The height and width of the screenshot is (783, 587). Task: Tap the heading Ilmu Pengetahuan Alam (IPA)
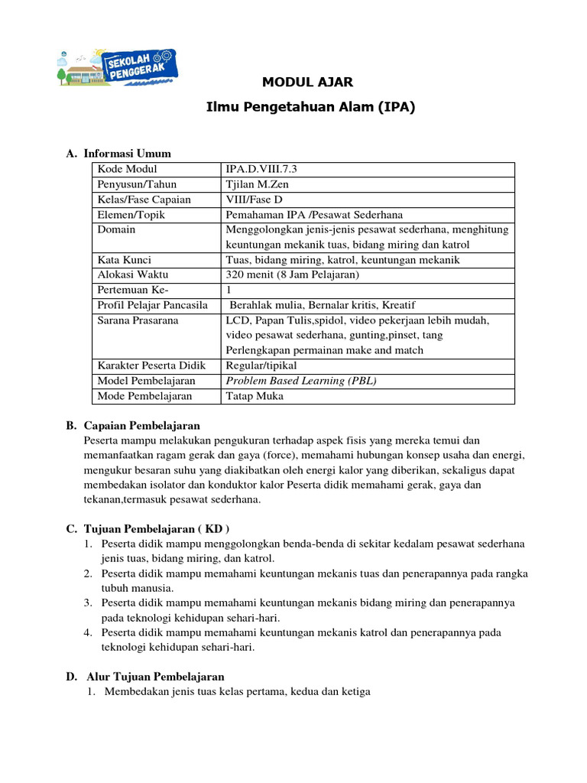310,107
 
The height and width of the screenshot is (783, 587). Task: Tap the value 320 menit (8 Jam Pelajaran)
292,275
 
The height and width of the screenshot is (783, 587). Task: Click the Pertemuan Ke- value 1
229,290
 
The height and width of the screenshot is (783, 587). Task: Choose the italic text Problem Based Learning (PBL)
301,380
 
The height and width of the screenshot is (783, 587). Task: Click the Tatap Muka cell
254,395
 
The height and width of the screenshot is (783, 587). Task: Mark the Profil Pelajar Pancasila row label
153,305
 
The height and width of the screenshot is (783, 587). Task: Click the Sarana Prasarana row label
138,320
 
